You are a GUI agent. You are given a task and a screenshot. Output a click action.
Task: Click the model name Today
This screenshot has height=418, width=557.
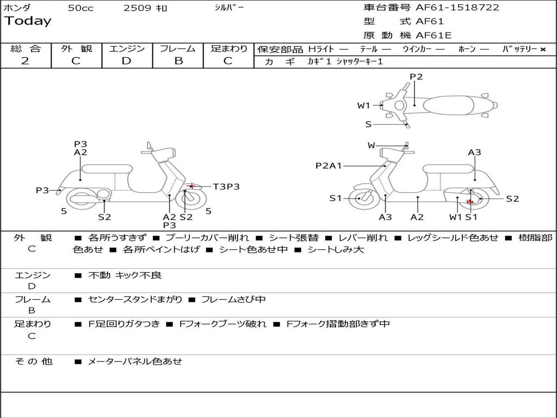click(28, 21)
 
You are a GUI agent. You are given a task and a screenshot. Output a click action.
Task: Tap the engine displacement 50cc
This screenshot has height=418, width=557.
click(81, 8)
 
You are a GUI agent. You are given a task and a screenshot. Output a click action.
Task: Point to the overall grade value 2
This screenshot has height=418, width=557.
click(25, 61)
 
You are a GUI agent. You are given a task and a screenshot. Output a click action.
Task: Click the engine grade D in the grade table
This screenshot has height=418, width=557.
click(126, 61)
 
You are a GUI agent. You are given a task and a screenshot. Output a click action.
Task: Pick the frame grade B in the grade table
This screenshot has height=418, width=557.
click(178, 61)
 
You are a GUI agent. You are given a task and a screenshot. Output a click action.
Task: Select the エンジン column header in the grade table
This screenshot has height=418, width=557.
click(127, 48)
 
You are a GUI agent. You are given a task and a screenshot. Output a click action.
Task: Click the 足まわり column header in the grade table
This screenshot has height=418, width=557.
click(229, 48)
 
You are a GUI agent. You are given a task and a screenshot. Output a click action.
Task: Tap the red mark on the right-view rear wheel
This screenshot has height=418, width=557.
click(471, 201)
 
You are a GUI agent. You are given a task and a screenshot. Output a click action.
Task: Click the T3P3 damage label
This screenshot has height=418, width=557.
click(226, 187)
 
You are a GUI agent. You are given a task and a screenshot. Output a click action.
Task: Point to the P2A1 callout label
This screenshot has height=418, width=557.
click(329, 165)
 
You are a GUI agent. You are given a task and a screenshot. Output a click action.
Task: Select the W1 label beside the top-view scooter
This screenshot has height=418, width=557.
click(363, 106)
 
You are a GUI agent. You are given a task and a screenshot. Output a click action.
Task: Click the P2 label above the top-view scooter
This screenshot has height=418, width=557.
click(416, 77)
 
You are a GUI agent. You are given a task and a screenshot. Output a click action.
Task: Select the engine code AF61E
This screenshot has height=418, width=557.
click(434, 35)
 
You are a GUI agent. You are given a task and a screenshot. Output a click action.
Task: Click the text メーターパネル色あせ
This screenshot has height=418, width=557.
click(135, 361)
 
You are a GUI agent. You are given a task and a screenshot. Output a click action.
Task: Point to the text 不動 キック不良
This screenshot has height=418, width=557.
click(125, 275)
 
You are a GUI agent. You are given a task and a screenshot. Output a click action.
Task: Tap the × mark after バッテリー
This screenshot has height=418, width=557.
click(542, 49)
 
